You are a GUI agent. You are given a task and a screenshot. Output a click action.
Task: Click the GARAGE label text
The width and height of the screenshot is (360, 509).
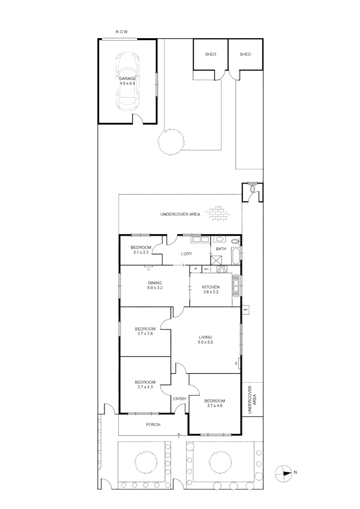click(127, 78)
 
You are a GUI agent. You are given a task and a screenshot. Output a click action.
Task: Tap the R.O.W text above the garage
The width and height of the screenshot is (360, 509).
click(122, 32)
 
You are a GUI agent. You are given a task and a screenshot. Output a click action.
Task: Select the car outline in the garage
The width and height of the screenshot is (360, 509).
click(127, 80)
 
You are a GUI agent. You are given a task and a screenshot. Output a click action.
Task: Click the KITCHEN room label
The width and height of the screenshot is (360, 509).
click(211, 287)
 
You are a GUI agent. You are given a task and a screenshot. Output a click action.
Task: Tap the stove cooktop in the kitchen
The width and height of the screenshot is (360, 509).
click(221, 269)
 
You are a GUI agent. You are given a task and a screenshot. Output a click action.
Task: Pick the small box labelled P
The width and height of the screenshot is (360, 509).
click(195, 269)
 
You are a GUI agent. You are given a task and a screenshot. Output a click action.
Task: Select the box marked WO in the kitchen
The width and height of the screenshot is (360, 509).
click(206, 269)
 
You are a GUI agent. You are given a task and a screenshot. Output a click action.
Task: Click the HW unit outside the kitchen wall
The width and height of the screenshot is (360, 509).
click(245, 310)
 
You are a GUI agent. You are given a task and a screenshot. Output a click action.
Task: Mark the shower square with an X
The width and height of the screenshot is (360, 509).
click(216, 260)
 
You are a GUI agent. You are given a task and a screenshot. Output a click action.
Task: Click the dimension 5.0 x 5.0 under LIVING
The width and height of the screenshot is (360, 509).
click(205, 343)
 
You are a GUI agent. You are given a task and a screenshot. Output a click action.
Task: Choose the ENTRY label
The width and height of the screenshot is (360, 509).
click(180, 399)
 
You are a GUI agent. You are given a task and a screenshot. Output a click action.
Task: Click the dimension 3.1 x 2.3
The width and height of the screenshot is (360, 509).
click(140, 253)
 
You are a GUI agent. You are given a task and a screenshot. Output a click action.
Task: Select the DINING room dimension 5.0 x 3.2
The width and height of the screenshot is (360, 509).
click(155, 288)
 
